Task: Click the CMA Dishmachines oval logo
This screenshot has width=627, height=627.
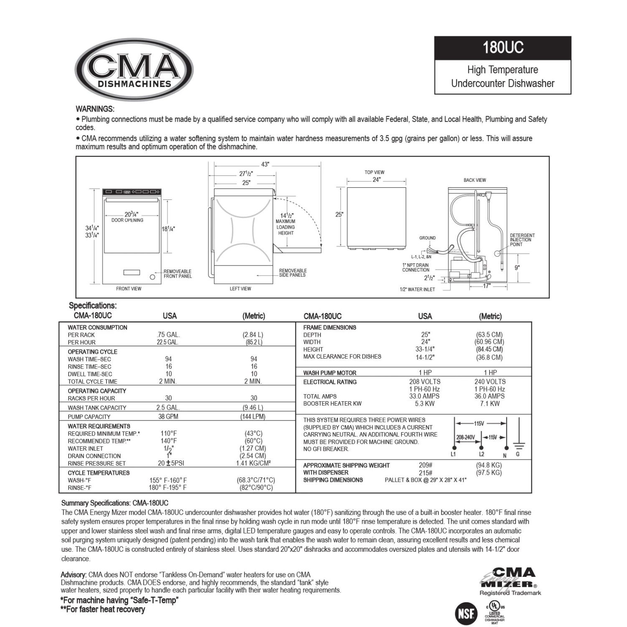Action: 134,70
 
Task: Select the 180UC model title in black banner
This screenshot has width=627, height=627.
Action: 502,48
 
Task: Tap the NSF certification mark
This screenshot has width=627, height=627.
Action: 466,613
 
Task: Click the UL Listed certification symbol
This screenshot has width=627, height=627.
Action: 495,607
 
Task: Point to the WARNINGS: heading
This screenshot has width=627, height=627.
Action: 95,109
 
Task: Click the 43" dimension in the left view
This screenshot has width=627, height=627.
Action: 265,165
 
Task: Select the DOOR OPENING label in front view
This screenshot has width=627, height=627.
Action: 127,220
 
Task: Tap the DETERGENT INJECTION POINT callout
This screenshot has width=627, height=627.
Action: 522,240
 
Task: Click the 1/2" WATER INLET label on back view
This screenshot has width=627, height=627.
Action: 417,289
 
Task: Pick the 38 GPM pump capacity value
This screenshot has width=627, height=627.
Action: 168,417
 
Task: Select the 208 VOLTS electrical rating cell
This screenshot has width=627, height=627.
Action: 425,382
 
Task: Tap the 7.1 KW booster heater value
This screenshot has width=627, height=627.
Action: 489,404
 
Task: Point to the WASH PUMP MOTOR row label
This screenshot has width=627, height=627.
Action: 330,373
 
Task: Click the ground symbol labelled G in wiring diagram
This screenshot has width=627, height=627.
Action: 518,445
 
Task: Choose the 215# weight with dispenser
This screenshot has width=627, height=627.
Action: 426,473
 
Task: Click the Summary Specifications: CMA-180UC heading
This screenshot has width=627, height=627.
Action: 115,503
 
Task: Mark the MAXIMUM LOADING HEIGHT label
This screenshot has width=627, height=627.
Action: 285,227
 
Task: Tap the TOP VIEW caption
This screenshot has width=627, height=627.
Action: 374,172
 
